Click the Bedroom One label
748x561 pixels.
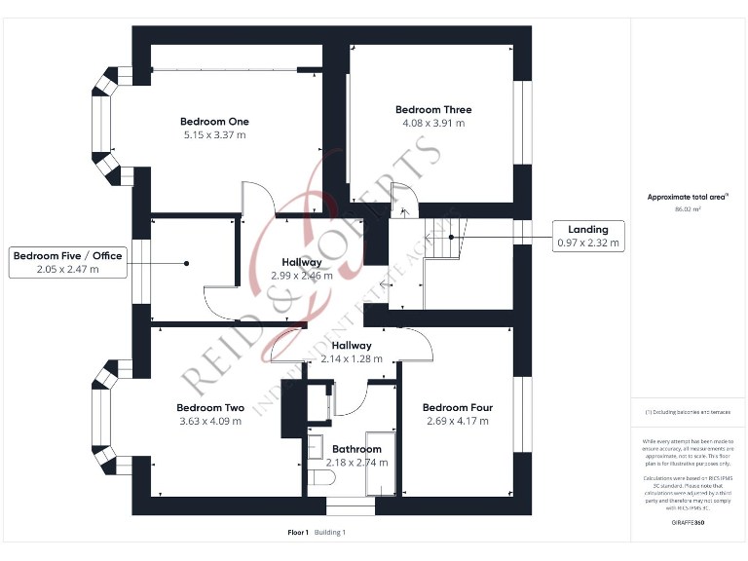(214, 122)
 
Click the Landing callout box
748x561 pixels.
(588, 236)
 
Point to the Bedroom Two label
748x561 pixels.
(210, 408)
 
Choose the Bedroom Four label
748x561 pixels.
(458, 408)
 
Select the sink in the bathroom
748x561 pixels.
(315, 447)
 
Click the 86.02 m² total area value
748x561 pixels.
(689, 208)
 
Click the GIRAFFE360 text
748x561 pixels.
(689, 524)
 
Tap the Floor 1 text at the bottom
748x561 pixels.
(298, 533)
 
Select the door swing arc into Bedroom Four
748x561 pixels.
(416, 341)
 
